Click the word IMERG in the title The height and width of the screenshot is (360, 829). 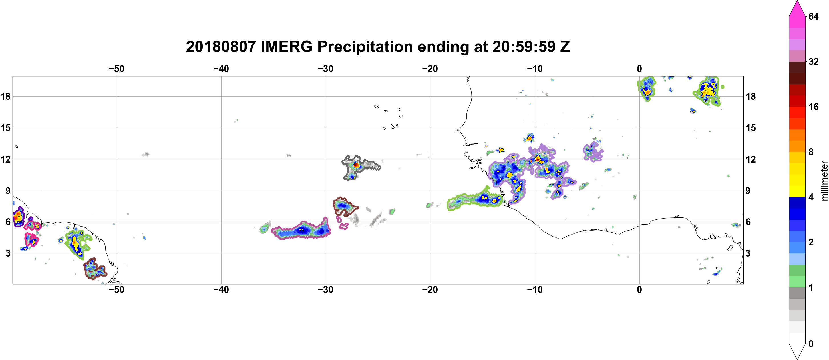click(286, 47)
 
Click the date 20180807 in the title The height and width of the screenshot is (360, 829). click(221, 47)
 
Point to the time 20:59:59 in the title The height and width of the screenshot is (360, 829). click(524, 47)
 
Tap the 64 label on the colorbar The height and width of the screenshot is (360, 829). click(814, 16)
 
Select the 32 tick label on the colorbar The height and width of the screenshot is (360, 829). click(814, 61)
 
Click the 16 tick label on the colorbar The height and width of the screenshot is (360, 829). click(814, 107)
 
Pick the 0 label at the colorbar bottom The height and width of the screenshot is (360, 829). click(811, 344)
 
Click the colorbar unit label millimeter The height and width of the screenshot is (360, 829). click(824, 181)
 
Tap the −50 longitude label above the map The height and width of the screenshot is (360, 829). click(116, 69)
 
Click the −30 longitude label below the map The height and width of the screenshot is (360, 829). click(326, 290)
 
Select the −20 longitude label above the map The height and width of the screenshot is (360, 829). click(430, 69)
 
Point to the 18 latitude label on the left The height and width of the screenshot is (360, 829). click(5, 96)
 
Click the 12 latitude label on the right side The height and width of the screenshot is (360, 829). click(751, 159)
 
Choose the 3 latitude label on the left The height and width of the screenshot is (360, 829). click(8, 253)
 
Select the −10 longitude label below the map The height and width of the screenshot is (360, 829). click(535, 290)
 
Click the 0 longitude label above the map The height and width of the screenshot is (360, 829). click(639, 69)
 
